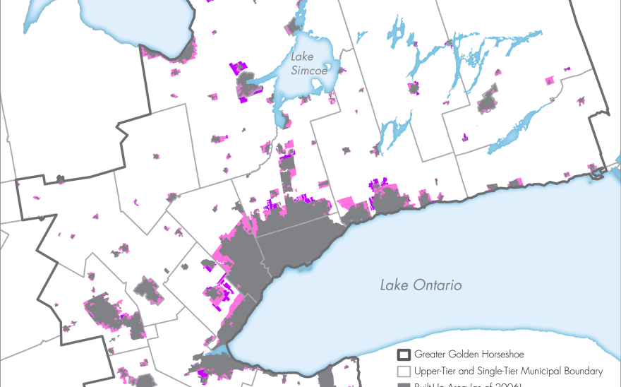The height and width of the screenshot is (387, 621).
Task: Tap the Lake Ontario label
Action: [x=421, y=285]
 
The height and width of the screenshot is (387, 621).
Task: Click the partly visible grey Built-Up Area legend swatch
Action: [x=404, y=384]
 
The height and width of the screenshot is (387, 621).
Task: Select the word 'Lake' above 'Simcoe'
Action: [x=305, y=55]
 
